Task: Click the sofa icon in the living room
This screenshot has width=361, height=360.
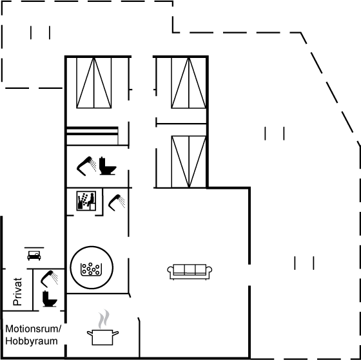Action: coord(190,272)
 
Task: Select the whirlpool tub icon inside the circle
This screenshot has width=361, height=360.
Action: coord(91,269)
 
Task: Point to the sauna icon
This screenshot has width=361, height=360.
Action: coord(86,200)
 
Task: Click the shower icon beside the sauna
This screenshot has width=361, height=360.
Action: coord(117,202)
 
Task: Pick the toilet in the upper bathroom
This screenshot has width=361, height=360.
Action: coord(108,166)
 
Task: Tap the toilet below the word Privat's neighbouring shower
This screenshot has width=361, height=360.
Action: coord(50,299)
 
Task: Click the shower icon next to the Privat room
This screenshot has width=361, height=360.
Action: coord(50,279)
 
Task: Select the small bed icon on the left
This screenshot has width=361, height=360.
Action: coord(34,254)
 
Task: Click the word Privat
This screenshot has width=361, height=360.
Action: coord(17,292)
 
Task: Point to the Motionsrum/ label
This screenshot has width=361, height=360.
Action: coord(34,329)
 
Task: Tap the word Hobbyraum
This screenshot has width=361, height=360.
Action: coord(32,341)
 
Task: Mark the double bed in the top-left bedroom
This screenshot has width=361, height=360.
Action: coord(94,83)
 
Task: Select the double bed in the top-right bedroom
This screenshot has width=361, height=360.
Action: coord(188,83)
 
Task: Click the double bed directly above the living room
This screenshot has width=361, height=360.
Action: coord(188,162)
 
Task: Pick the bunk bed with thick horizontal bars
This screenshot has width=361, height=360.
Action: coord(92,136)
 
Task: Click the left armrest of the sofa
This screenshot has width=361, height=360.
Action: coord(171,270)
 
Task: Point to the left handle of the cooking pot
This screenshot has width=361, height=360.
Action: coord(90,333)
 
